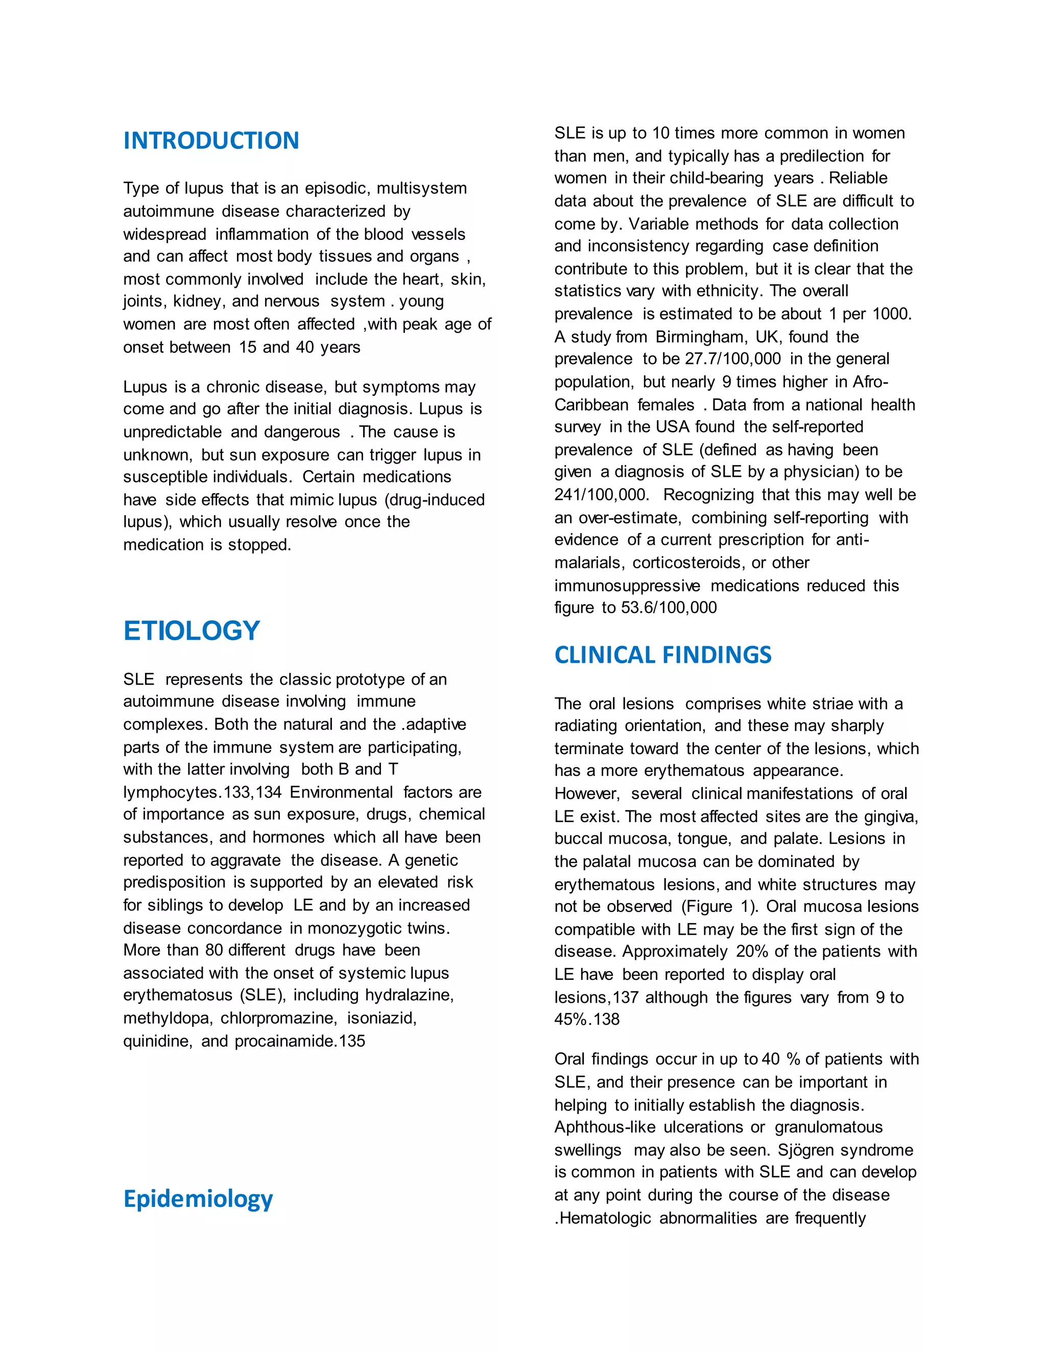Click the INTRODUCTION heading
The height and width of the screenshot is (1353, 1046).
211,140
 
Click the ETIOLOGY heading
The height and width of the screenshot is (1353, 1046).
192,631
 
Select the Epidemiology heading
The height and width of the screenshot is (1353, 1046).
198,1199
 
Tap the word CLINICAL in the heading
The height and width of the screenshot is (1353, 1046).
604,655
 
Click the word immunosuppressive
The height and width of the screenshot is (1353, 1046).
627,586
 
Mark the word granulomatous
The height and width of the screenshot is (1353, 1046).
828,1127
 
